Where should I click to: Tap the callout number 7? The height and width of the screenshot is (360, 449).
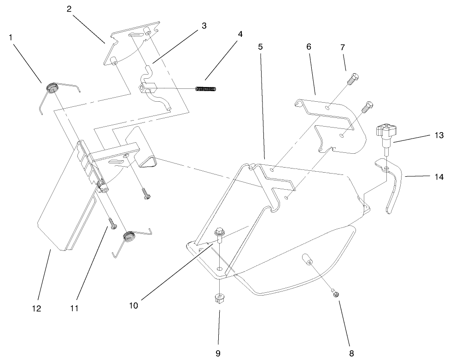tap(343, 48)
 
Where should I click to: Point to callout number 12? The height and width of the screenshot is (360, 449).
tap(36, 309)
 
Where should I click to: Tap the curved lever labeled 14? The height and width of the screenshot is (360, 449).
tap(392, 189)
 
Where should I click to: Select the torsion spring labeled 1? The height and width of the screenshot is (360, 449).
tap(52, 88)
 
